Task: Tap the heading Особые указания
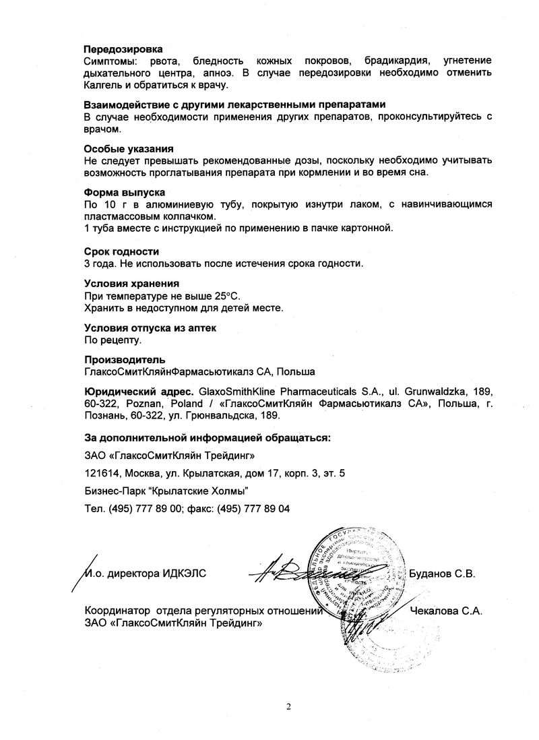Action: [x=129, y=149]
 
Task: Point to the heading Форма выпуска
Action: [x=125, y=193]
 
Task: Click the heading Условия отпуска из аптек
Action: [x=150, y=328]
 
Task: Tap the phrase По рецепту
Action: [x=108, y=340]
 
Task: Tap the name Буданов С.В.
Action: [x=443, y=574]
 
